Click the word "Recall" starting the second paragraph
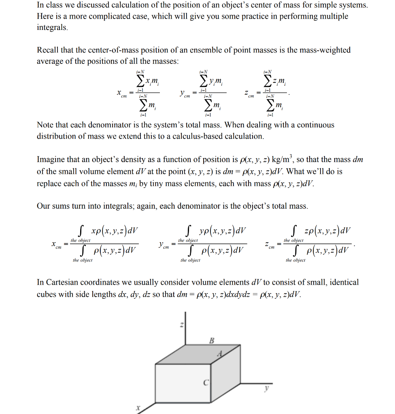(x=47, y=50)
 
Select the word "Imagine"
(x=51, y=160)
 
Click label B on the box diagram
(x=211, y=340)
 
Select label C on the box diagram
(x=206, y=382)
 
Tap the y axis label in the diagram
(x=267, y=388)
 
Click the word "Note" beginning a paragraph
(x=45, y=125)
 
